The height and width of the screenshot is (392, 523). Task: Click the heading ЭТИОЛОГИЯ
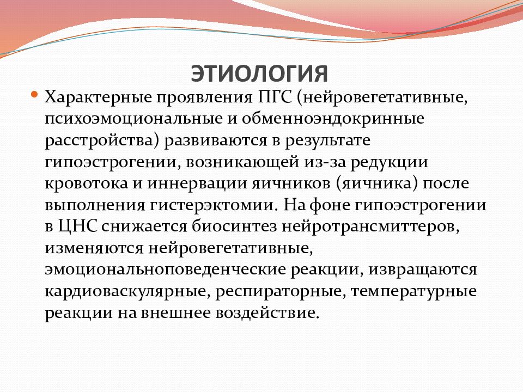(x=259, y=73)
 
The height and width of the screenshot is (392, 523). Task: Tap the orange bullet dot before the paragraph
(x=34, y=94)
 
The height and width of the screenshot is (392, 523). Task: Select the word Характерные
(x=99, y=97)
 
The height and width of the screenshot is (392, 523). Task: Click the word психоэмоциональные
(x=134, y=119)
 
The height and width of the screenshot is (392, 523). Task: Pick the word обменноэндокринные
(x=333, y=119)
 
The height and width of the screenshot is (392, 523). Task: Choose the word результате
(x=327, y=141)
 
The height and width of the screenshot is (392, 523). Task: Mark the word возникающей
(x=242, y=162)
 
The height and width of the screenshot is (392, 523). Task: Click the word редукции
(x=389, y=163)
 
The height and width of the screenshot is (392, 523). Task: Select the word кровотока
(x=87, y=184)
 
